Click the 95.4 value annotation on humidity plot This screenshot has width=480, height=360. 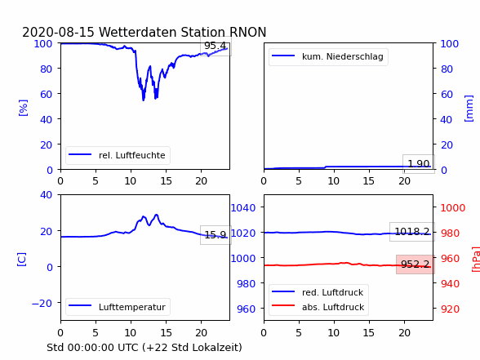(216, 46)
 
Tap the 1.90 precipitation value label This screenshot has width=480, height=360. (419, 164)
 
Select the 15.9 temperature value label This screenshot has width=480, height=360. (216, 235)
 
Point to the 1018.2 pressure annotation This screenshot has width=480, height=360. (412, 232)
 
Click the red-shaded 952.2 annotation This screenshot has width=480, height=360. (415, 264)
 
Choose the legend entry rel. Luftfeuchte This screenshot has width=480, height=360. (118, 155)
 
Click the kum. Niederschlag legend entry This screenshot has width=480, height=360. (328, 56)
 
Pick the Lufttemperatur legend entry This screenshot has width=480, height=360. (118, 307)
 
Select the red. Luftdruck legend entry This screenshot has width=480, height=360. (318, 292)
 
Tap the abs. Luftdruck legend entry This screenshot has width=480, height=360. (318, 307)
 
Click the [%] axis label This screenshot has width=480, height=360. (23, 108)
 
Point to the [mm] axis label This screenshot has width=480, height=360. (469, 109)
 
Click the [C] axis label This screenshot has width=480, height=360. (22, 260)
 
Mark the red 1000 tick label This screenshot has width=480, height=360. (453, 208)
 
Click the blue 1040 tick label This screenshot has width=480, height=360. (243, 208)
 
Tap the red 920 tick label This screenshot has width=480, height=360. (450, 309)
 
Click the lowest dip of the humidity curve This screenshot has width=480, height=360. (144, 100)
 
